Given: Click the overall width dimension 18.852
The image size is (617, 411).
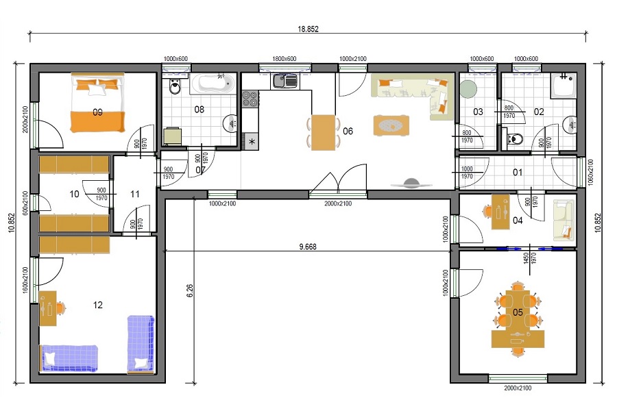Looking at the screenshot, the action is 308,29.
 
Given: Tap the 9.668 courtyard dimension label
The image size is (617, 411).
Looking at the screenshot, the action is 308,247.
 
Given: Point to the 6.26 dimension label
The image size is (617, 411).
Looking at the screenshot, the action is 190,290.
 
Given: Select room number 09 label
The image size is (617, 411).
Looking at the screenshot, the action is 97,112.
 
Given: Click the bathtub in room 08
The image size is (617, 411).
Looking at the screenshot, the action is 213,84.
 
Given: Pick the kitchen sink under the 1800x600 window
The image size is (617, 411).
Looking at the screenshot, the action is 285,82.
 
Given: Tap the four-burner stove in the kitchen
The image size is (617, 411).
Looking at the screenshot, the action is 250,99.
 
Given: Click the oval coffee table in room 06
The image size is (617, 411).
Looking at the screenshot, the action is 391,125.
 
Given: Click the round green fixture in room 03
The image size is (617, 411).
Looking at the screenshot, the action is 468,88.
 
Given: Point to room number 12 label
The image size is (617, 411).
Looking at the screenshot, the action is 97,305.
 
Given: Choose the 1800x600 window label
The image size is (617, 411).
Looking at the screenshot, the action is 284,59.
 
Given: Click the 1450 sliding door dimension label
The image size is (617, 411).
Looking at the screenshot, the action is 526,258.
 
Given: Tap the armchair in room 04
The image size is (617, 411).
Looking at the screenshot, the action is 564,221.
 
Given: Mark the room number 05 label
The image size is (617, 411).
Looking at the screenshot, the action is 518,312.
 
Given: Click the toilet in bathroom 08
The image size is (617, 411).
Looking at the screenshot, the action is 175,87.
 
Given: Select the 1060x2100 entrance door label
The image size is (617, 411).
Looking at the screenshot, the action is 591,172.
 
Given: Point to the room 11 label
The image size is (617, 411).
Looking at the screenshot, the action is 134,194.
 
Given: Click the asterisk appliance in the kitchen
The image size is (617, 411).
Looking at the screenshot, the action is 252,141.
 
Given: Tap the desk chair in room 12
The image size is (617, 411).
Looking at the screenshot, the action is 61,308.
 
